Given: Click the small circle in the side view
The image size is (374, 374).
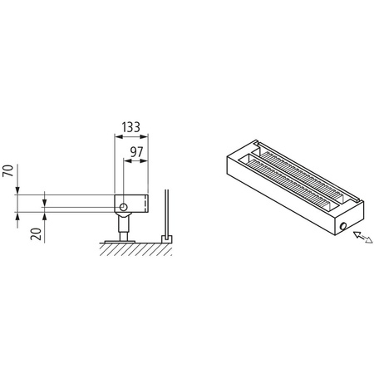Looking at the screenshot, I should point(122,206).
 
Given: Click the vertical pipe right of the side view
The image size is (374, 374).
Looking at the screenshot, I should point(168,214).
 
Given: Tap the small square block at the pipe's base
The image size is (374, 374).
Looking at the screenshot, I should point(166,239).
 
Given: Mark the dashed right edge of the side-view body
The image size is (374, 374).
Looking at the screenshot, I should point(147,204).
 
